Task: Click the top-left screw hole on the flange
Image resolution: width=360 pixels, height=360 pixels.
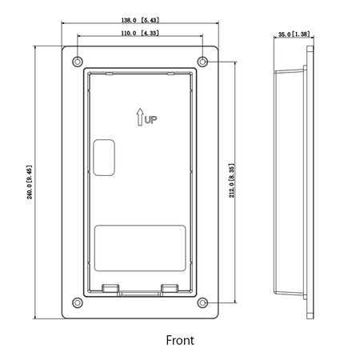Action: pyautogui.click(x=77, y=62)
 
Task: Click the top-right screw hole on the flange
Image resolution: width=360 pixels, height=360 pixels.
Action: pyautogui.click(x=203, y=62)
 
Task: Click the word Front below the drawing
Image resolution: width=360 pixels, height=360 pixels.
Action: pyautogui.click(x=180, y=339)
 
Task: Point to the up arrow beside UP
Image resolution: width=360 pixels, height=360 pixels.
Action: pyautogui.click(x=138, y=118)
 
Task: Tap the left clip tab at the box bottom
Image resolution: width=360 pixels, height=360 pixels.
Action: pyautogui.click(x=111, y=287)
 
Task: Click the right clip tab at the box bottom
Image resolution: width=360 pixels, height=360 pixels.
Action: pyautogui.click(x=168, y=287)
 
